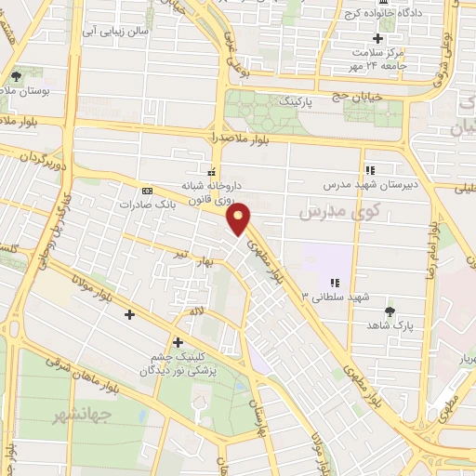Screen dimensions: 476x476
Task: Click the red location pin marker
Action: coord(241,219)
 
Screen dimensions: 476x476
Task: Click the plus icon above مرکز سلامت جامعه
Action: coord(377,38)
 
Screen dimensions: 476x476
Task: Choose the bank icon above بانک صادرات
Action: coord(146,189)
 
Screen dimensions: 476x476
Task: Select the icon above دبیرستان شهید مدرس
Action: coord(370,170)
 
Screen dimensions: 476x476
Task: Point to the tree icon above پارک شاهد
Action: coord(390,311)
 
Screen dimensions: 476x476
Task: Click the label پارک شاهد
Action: coord(390,327)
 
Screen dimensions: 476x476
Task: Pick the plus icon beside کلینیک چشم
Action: coord(177,341)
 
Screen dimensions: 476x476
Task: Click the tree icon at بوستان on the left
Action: coord(15,75)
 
